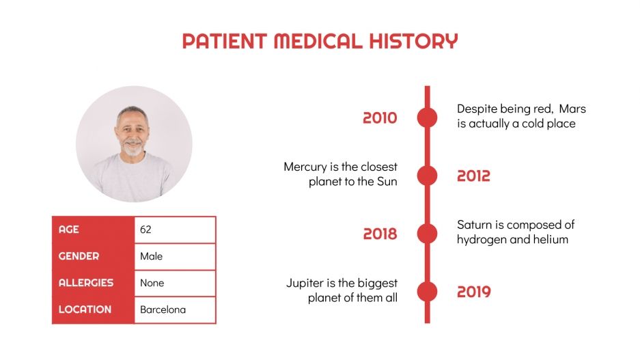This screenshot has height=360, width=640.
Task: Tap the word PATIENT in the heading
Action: (x=225, y=41)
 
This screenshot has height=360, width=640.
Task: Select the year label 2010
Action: (x=380, y=118)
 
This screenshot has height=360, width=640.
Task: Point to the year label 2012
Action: (x=473, y=176)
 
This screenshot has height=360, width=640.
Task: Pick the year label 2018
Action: (x=380, y=234)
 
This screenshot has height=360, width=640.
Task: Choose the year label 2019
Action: (x=473, y=292)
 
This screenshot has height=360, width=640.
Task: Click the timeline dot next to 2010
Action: (x=427, y=117)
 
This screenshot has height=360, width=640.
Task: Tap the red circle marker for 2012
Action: (x=427, y=176)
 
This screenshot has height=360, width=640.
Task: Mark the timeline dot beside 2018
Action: (x=427, y=234)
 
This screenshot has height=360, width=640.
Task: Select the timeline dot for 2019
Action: (x=427, y=292)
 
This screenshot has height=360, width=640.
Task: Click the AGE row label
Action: (x=69, y=230)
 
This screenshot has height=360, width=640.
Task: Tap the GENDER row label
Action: (x=79, y=256)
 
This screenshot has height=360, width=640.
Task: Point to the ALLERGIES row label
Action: (x=86, y=283)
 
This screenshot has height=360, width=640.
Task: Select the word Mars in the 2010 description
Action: (x=572, y=109)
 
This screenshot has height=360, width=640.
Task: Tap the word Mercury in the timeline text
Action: (x=307, y=167)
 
